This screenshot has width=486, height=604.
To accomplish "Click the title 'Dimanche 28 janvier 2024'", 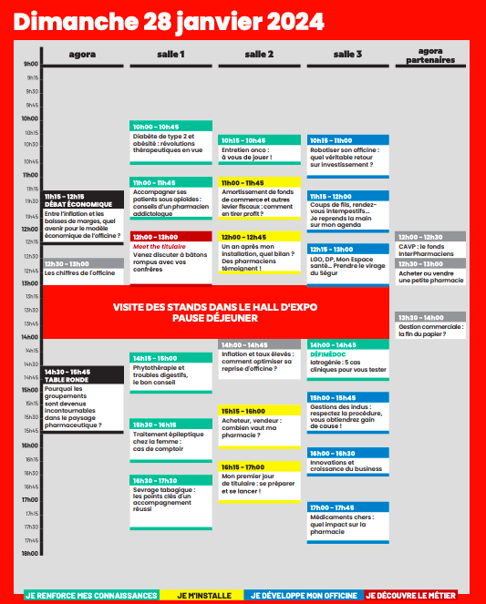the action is pos(169,20).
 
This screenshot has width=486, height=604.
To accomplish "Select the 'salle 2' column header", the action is pos(259,55).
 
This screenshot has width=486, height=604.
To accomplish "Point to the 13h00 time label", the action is pos(31,283).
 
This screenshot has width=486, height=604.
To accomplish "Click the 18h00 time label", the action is pos(31,553).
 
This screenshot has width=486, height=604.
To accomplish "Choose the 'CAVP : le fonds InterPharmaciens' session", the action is pos(432,250).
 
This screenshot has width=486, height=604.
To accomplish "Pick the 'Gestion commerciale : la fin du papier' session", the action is pos(432,331).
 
